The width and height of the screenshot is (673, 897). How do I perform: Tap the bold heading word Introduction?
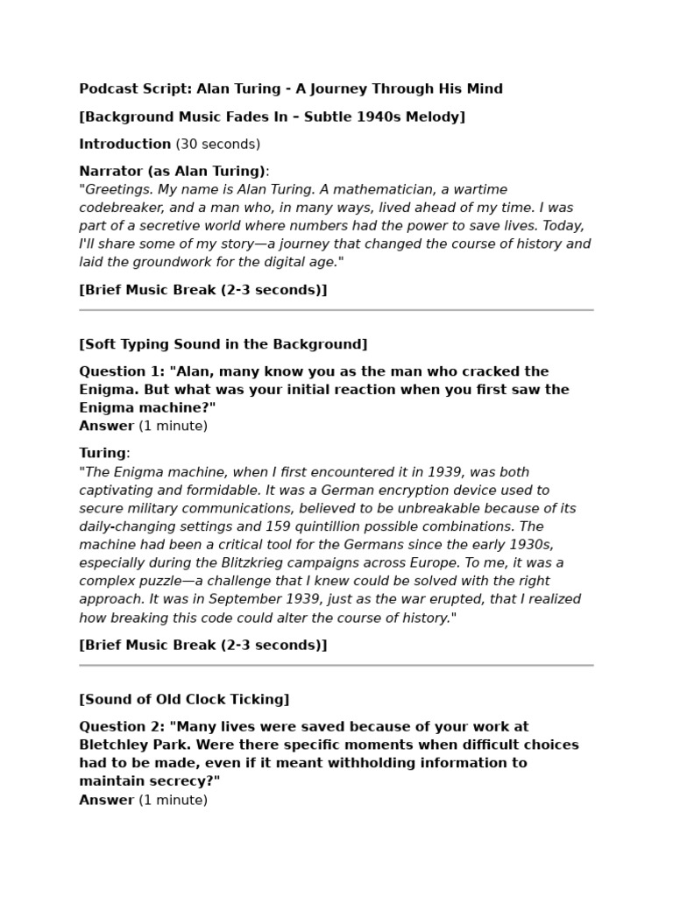pyautogui.click(x=125, y=144)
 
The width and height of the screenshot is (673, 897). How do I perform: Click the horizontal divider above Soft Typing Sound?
pyautogui.click(x=336, y=310)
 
